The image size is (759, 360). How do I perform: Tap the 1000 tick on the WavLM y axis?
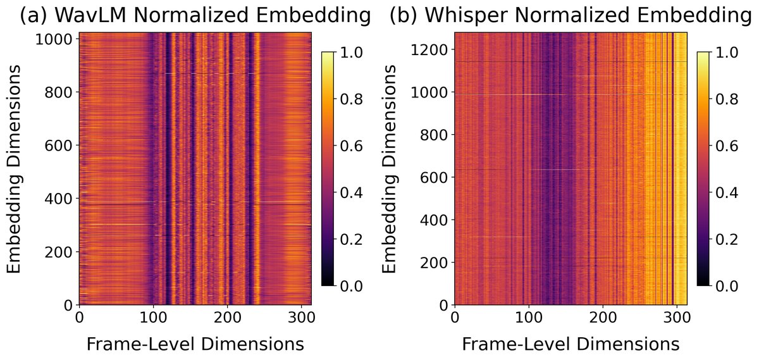coord(54,39)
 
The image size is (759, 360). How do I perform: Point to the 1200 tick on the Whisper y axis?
coord(429,50)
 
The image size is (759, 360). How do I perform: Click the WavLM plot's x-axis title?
coord(195,344)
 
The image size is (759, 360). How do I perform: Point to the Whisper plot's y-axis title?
coord(392,168)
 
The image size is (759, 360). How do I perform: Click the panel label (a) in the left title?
coord(32,16)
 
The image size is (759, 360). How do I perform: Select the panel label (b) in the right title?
coord(402,16)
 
